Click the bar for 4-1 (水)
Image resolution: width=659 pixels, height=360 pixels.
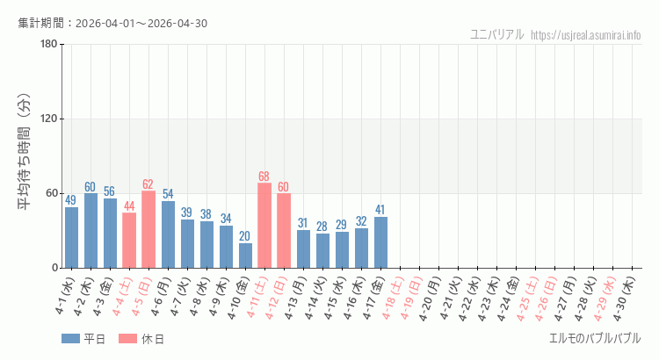tap(71, 237)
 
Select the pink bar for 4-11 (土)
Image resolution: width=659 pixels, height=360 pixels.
tap(264, 225)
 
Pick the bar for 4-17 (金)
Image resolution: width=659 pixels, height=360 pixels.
tap(380, 242)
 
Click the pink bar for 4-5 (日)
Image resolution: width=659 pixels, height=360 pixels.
tap(148, 229)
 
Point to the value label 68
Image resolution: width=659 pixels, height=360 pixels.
tap(264, 176)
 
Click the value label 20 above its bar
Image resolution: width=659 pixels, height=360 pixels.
tap(245, 236)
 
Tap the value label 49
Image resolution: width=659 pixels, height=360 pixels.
tap(71, 200)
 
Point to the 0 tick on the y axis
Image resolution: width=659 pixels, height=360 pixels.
tap(54, 268)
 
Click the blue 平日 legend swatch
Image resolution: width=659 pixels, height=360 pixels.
tap(71, 339)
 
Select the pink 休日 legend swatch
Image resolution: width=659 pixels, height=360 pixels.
tap(127, 339)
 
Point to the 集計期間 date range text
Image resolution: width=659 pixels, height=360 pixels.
tap(112, 23)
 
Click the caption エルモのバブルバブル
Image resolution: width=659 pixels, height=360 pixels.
tap(595, 338)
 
